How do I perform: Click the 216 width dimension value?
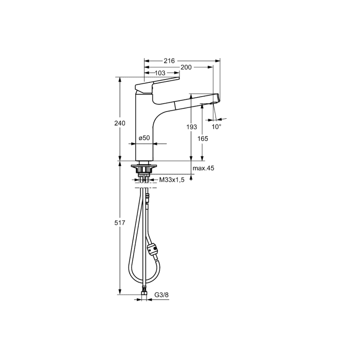point(169,61)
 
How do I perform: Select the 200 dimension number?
point(186,67)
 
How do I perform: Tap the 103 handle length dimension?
point(160,73)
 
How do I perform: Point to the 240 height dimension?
point(120,123)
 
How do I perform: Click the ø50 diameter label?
point(144,138)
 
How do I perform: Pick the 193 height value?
point(191,127)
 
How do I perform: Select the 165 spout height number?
point(203,139)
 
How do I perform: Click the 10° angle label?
point(217,127)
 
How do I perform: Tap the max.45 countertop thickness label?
point(203,168)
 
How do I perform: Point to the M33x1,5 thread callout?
point(172,180)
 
